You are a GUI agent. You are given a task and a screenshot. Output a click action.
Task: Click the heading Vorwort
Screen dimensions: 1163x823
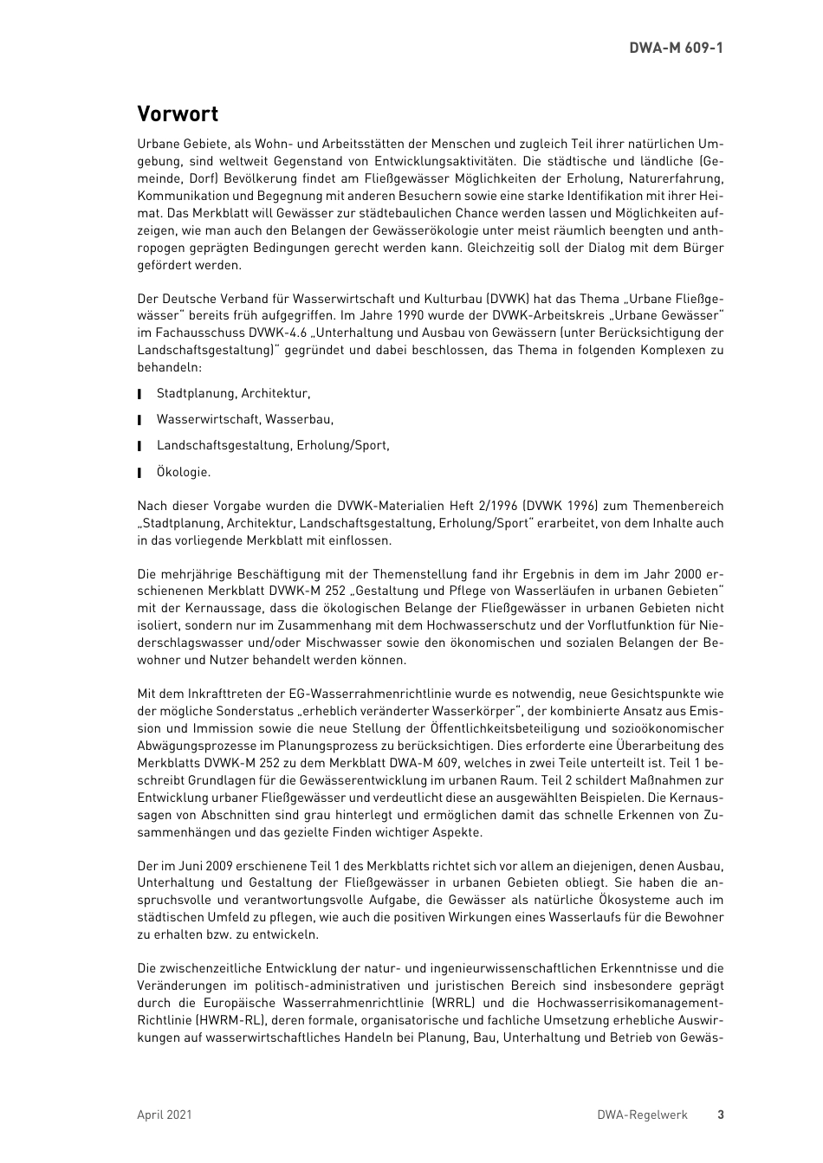(x=178, y=114)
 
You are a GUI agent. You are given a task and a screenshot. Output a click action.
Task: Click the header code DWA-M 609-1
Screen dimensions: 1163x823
(x=676, y=48)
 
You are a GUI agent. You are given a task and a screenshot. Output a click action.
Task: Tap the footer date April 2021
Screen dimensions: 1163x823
(x=165, y=1115)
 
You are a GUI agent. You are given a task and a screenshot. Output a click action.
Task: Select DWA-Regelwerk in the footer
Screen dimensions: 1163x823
(x=642, y=1115)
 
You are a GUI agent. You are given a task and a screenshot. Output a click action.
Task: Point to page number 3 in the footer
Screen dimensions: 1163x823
(x=720, y=1115)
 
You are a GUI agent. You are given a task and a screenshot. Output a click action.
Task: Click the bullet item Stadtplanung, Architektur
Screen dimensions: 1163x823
(x=233, y=393)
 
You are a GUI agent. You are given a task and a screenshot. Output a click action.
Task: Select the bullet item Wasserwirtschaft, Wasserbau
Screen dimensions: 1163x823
(x=244, y=419)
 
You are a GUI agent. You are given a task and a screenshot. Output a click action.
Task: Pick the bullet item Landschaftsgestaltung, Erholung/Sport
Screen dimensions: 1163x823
(x=273, y=445)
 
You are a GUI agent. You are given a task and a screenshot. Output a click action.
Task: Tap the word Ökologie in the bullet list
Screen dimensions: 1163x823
(x=183, y=472)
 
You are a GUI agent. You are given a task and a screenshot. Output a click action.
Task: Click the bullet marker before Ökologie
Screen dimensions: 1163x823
(x=139, y=473)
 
